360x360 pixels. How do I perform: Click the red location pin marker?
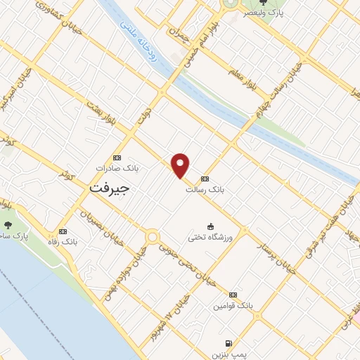181,165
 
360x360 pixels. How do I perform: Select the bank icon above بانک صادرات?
117,157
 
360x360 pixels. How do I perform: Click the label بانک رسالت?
200,188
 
